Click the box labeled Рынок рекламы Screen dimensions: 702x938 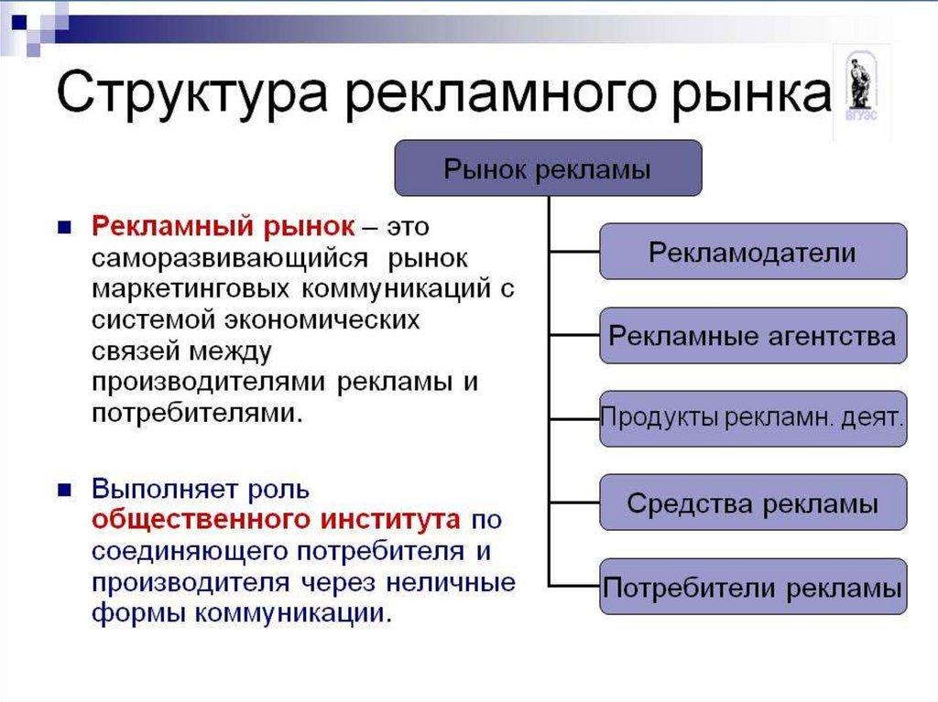(x=548, y=168)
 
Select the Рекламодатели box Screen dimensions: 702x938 (x=753, y=251)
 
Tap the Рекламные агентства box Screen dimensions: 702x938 (x=753, y=335)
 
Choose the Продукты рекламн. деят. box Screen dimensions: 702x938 (x=753, y=419)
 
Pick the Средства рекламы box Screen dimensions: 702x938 (x=753, y=502)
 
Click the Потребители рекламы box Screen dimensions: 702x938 (x=753, y=586)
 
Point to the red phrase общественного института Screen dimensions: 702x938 (x=276, y=519)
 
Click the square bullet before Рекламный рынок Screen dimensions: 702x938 (x=64, y=226)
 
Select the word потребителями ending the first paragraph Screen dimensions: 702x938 (x=195, y=414)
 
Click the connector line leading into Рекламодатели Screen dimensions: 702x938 (x=574, y=251)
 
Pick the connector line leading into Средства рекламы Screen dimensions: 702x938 (x=574, y=502)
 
